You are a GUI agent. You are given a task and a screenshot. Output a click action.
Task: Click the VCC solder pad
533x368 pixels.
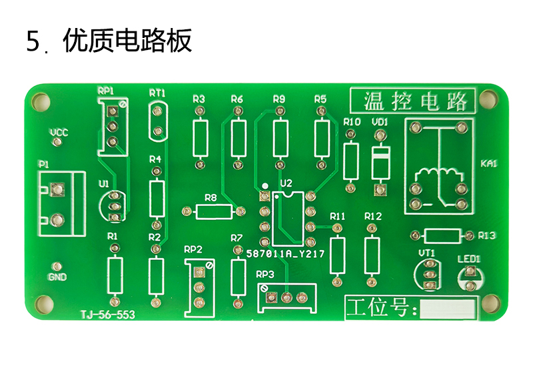click(56, 141)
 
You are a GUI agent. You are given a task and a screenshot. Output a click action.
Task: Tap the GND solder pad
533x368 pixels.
click(57, 266)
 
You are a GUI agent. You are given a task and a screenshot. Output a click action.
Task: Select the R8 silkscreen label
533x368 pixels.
click(211, 197)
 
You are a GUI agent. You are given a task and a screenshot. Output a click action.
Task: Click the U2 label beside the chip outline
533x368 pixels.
click(286, 183)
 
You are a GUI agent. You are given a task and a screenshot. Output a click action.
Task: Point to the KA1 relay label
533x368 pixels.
click(489, 163)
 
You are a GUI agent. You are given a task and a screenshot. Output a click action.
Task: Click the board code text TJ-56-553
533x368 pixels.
click(108, 315)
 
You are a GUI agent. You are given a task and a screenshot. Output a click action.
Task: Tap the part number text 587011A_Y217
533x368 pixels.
click(286, 254)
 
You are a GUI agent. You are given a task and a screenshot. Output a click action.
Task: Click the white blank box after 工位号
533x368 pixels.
click(447, 309)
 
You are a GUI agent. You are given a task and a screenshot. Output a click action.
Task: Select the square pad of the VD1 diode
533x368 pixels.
click(380, 189)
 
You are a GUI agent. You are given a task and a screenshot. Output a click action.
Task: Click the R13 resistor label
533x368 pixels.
click(487, 235)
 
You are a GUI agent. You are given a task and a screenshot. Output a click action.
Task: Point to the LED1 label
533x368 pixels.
click(469, 259)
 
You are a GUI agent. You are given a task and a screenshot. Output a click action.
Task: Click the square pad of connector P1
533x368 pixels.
click(57, 189)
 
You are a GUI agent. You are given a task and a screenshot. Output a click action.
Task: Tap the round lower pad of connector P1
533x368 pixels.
click(57, 220)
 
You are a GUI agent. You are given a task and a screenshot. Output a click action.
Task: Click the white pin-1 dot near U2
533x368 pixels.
click(265, 186)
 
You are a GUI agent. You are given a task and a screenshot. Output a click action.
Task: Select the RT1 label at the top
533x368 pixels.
click(157, 93)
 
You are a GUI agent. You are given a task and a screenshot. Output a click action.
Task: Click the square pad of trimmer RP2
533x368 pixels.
click(199, 272)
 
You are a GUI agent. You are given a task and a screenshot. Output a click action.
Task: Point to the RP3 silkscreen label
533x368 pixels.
click(265, 274)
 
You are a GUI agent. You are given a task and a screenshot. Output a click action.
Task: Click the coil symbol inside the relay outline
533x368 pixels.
click(439, 174)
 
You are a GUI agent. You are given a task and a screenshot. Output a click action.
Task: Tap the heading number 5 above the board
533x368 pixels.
click(33, 41)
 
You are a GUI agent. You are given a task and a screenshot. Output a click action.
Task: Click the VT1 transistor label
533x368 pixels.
click(427, 253)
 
